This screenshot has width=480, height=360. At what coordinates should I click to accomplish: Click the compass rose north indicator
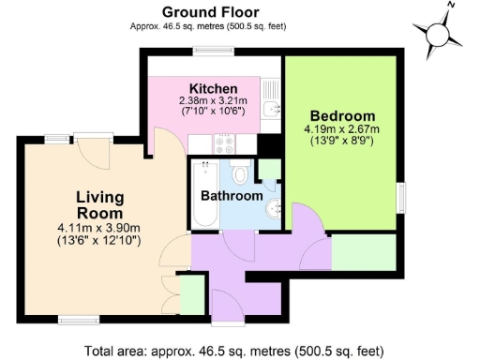(x=438, y=31)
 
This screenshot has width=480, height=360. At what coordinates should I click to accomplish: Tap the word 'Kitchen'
(x=212, y=89)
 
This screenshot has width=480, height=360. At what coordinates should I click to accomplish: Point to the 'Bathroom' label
(x=232, y=197)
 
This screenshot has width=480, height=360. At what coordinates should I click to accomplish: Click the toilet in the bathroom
(x=240, y=173)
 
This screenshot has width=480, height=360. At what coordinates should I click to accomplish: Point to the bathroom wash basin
(x=273, y=208)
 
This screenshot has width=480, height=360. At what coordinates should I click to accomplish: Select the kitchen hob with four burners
(x=225, y=144)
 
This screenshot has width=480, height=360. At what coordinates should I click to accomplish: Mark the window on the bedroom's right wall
(x=402, y=198)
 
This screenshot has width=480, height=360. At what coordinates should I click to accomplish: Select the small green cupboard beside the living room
(x=191, y=295)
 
